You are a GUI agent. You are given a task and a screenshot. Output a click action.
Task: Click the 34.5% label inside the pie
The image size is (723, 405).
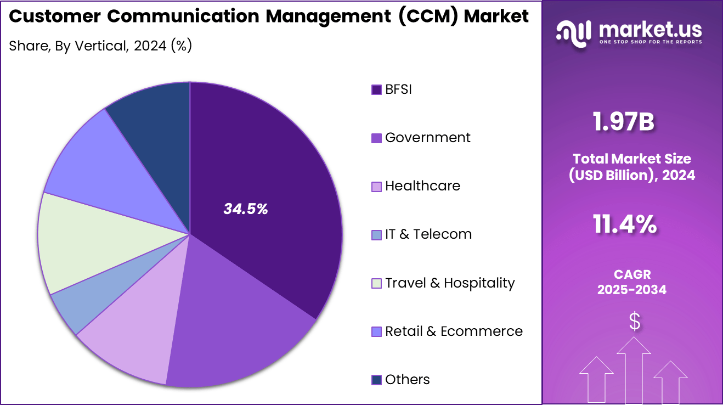click(245, 209)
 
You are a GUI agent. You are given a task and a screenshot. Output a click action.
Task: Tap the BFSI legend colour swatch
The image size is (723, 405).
click(376, 89)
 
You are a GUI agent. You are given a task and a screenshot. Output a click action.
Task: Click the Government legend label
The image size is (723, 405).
click(427, 138)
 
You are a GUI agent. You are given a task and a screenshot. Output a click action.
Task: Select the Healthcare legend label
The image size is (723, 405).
click(422, 186)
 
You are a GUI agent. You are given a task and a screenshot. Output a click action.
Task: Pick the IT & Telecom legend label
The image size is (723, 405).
click(428, 234)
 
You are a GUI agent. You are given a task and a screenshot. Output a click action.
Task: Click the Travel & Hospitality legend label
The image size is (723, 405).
click(450, 283)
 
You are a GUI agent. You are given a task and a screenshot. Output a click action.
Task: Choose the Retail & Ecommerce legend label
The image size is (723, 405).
click(454, 331)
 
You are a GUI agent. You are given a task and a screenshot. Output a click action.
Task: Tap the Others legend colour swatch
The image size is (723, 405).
click(376, 380)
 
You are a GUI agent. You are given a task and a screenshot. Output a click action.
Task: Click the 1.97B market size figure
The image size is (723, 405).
click(624, 122)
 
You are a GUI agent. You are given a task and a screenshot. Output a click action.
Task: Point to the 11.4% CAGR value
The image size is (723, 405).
click(624, 224)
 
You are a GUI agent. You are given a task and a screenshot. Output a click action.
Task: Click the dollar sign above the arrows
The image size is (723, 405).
click(634, 322)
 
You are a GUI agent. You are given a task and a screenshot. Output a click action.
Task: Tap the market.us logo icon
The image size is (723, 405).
click(574, 31)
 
